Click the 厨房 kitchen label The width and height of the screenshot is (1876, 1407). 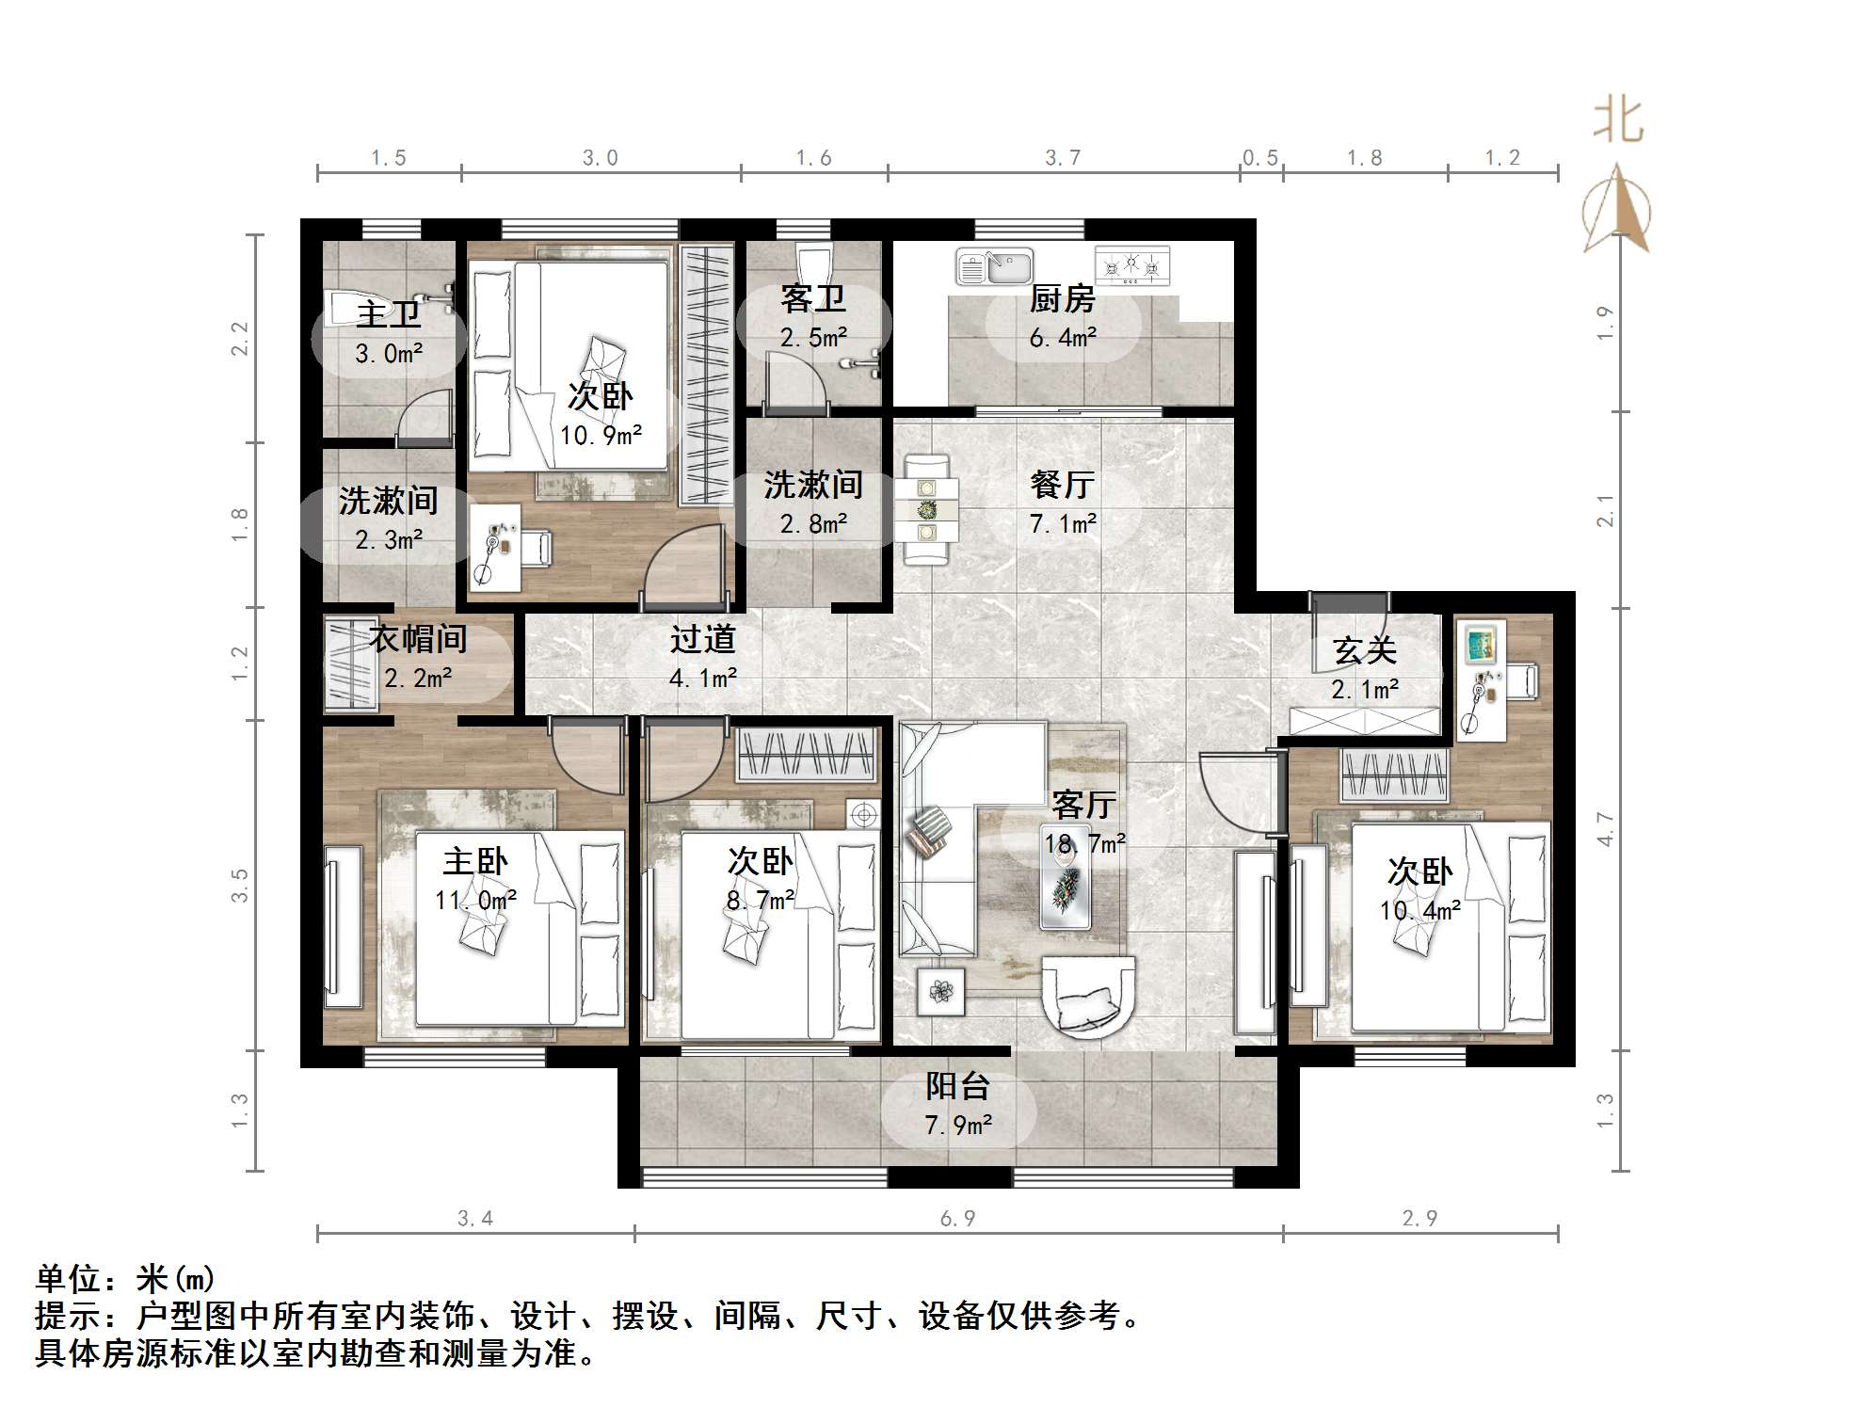[1062, 299]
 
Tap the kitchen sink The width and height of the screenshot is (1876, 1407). [994, 267]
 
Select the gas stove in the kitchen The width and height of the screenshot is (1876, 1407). [1132, 266]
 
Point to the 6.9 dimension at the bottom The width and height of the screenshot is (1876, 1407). [957, 1219]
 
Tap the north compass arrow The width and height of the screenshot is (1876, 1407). [1617, 209]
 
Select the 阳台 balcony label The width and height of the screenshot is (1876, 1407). [957, 1086]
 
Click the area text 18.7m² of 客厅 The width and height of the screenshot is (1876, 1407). [1084, 843]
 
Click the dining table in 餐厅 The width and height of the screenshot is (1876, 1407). [926, 509]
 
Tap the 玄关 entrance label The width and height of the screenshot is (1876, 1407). [1364, 650]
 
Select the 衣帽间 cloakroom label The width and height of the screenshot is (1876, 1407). [418, 640]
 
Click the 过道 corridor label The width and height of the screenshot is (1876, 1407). [702, 640]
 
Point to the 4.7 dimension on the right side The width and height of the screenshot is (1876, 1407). [1605, 829]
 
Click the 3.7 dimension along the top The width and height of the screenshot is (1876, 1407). [1063, 158]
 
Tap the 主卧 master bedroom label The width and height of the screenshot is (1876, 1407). [475, 861]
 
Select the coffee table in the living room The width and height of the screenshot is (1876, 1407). [1066, 887]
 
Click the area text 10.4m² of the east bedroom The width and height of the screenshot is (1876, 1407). [1419, 910]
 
